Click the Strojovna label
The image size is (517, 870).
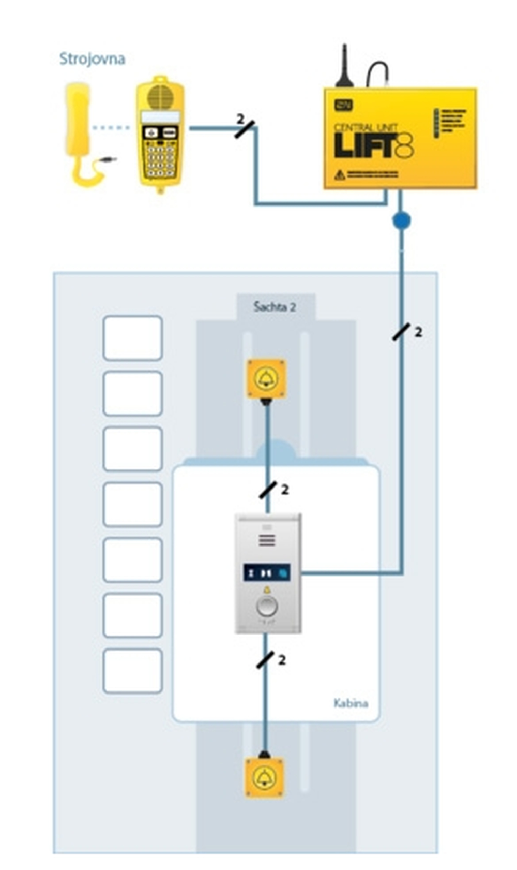pyautogui.click(x=92, y=59)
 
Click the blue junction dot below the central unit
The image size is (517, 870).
pyautogui.click(x=401, y=220)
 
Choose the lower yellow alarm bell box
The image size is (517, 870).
pyautogui.click(x=264, y=777)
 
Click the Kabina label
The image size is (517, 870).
pyautogui.click(x=350, y=702)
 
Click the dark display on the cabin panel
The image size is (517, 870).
pyautogui.click(x=266, y=572)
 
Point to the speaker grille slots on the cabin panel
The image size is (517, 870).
pyautogui.click(x=267, y=540)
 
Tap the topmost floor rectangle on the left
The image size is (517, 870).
pyautogui.click(x=133, y=338)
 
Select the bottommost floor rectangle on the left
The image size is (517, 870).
pyautogui.click(x=133, y=671)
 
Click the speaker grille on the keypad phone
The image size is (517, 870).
pyautogui.click(x=160, y=96)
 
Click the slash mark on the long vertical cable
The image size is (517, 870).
pyautogui.click(x=401, y=331)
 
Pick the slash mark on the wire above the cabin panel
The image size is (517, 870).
pyautogui.click(x=267, y=490)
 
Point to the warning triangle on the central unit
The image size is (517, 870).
pyautogui.click(x=340, y=175)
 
